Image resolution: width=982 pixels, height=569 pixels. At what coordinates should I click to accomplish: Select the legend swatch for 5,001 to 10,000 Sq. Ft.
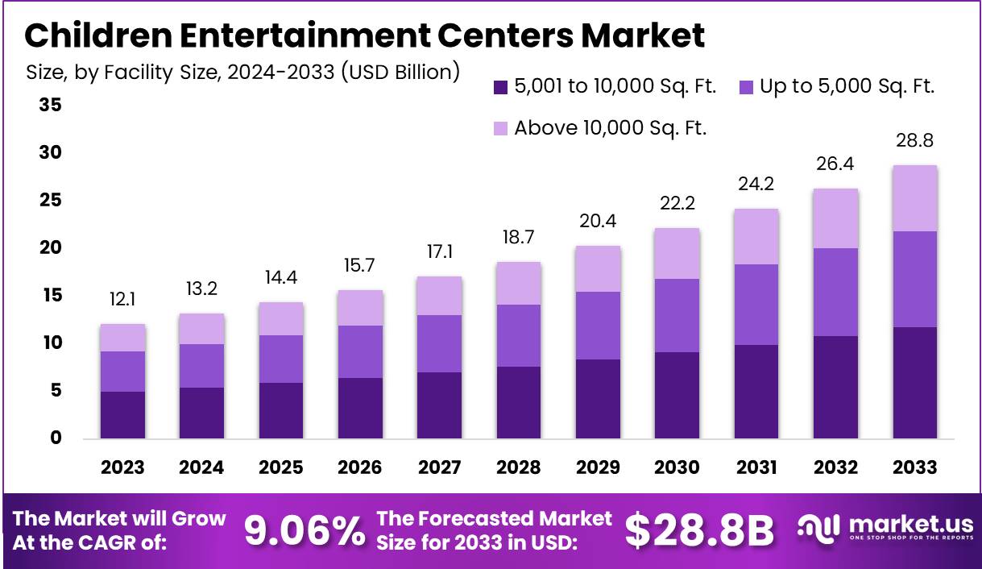click(x=500, y=87)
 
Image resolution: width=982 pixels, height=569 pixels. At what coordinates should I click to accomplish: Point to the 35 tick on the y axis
click(x=50, y=106)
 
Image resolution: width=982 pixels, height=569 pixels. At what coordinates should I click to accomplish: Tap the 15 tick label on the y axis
click(x=50, y=296)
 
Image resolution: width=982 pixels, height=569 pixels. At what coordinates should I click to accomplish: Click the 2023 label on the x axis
click(x=122, y=467)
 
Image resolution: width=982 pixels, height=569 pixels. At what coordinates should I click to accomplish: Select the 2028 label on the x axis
click(x=518, y=467)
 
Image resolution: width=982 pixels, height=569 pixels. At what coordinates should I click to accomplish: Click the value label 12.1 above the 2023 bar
click(x=122, y=299)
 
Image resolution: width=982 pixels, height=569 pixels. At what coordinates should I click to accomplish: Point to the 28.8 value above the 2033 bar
click(x=915, y=140)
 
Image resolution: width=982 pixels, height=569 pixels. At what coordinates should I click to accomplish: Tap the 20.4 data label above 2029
click(x=598, y=220)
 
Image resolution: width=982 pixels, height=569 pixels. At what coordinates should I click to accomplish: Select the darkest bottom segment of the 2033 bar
click(x=915, y=383)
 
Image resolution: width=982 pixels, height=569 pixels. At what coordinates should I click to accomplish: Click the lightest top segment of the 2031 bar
click(x=756, y=237)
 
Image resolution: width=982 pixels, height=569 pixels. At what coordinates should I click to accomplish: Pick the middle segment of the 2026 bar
click(x=360, y=351)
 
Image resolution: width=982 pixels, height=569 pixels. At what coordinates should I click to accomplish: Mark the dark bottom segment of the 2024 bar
click(x=201, y=413)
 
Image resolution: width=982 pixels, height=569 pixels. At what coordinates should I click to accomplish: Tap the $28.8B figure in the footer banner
click(x=698, y=531)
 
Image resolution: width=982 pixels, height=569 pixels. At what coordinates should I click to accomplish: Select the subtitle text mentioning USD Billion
click(x=242, y=73)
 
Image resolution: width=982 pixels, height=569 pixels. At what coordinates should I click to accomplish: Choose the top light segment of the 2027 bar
click(x=439, y=296)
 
